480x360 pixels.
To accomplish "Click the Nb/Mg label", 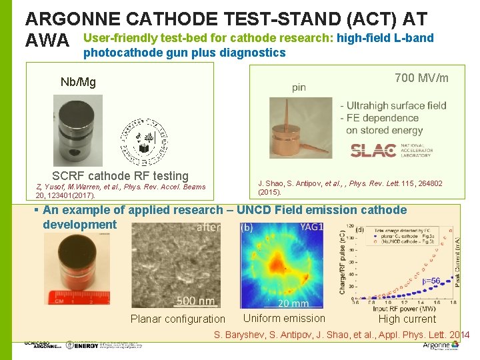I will coord(78,83).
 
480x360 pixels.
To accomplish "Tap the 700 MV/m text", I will coord(421,79).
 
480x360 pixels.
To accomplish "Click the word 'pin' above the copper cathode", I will coord(299,87).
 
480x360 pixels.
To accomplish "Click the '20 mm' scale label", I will coord(293,303).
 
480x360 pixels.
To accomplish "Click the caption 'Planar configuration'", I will coord(178,319).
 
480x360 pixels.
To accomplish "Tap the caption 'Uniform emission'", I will coord(284,318).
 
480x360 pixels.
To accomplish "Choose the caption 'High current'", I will coord(407,319).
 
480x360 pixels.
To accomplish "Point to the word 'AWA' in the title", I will coord(47,42).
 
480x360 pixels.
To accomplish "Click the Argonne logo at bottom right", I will coord(441,345).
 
